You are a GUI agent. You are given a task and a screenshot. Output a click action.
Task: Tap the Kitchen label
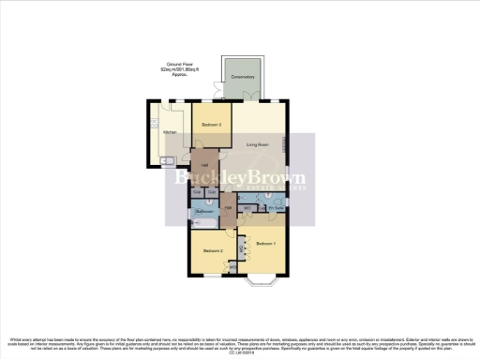170,132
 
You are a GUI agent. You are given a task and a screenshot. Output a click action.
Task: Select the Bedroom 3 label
210,125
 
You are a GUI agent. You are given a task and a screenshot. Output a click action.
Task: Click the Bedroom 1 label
266,243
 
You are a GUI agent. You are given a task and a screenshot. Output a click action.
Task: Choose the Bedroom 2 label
214,250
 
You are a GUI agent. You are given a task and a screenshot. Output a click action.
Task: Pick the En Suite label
277,207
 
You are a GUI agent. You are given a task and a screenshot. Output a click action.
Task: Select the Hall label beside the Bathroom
228,207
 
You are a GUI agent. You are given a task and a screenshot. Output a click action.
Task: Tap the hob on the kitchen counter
152,122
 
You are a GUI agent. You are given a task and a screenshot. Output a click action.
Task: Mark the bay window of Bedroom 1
258,279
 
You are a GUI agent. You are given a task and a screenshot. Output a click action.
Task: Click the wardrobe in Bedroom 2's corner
232,269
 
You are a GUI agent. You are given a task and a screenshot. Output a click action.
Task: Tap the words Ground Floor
173,64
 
